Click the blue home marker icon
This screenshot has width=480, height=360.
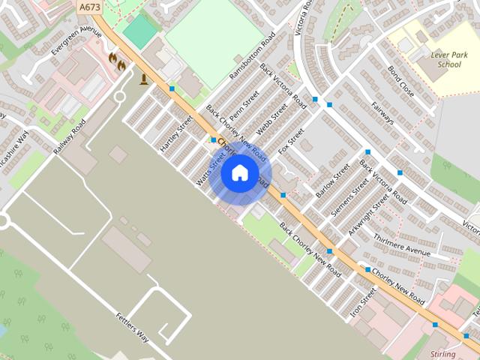[240, 173]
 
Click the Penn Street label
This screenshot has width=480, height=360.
[244, 106]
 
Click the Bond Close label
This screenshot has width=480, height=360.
[400, 81]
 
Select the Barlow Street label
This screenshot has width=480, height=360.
[332, 181]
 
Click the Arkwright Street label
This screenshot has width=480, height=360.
[370, 212]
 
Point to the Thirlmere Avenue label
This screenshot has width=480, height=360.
[401, 244]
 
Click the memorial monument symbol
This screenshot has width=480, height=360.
[144, 78]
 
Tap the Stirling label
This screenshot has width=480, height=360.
[443, 352]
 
